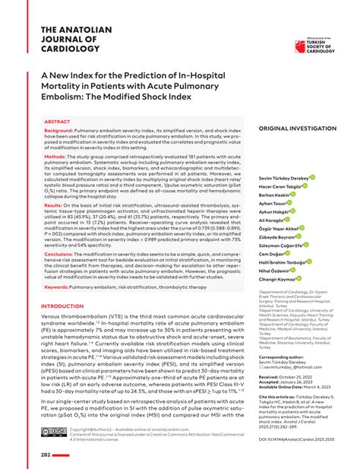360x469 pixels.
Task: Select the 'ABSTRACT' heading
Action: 58,121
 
